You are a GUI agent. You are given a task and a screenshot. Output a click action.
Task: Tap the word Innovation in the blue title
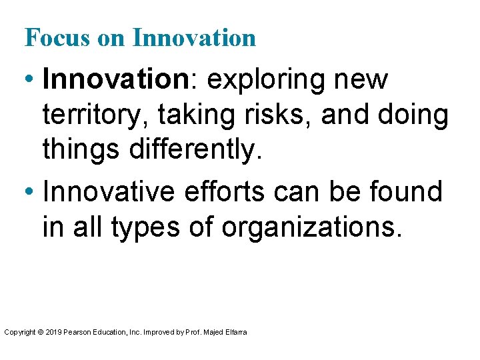tap(194, 37)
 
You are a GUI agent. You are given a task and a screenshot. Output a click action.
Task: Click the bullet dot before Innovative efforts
tap(31, 193)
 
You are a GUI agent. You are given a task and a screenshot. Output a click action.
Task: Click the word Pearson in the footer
tap(76, 331)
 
